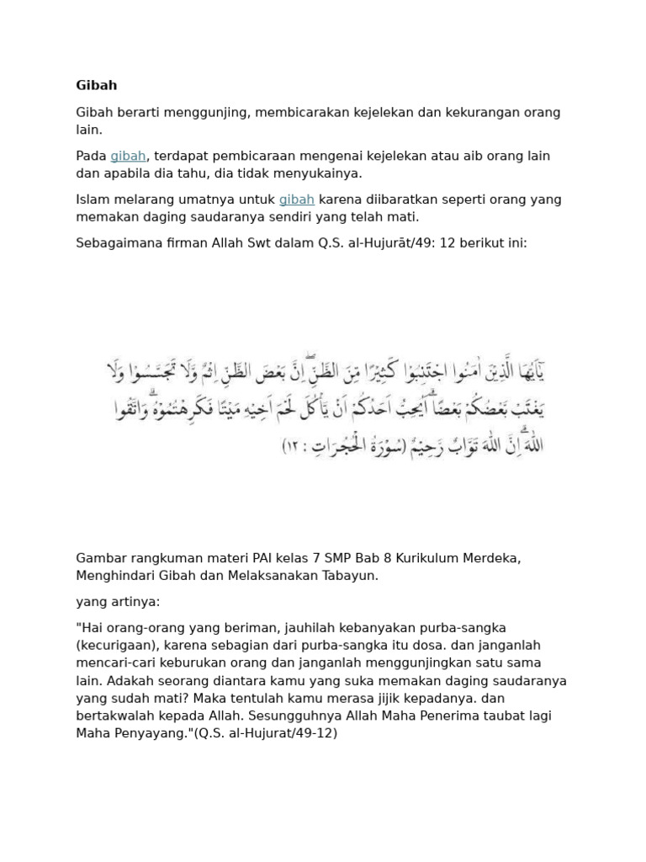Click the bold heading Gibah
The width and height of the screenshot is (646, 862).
97,85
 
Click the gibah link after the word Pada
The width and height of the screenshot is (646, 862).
128,156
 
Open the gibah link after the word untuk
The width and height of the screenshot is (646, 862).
297,200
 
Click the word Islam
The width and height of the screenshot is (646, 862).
93,200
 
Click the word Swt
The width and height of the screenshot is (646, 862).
268,243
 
